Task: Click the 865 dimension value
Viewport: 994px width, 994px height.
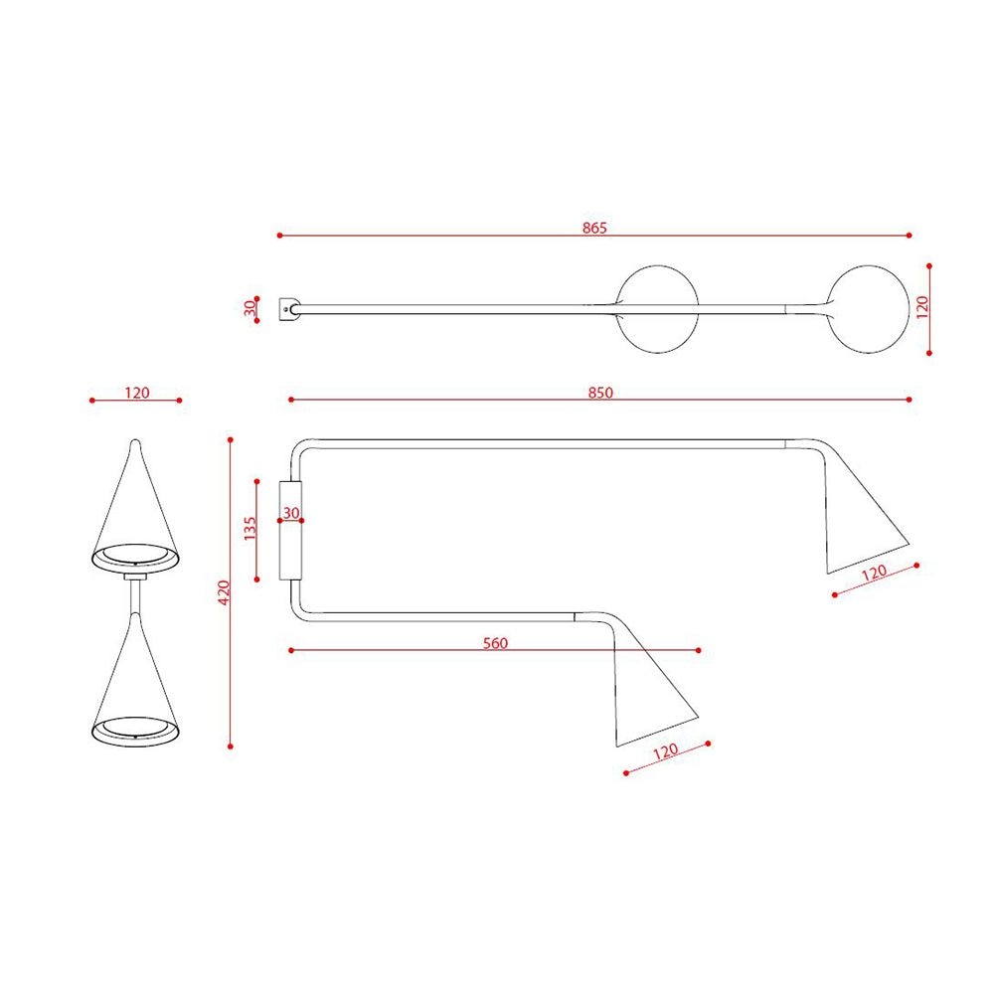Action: pyautogui.click(x=594, y=228)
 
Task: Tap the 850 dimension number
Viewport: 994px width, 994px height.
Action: pyautogui.click(x=599, y=392)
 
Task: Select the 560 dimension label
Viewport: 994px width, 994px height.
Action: pyautogui.click(x=495, y=643)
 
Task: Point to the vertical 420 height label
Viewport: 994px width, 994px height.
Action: pyautogui.click(x=223, y=592)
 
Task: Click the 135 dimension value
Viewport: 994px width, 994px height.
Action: pyautogui.click(x=249, y=529)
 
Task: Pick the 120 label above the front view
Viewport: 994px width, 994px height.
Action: pyautogui.click(x=137, y=393)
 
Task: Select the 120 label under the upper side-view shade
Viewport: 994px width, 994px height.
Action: pyautogui.click(x=874, y=574)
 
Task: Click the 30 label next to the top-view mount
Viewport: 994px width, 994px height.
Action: pyautogui.click(x=249, y=308)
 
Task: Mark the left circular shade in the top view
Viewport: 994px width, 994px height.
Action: pyautogui.click(x=657, y=309)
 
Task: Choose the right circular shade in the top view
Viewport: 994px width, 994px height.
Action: pyautogui.click(x=868, y=309)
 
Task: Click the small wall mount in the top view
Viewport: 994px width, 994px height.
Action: pyautogui.click(x=290, y=309)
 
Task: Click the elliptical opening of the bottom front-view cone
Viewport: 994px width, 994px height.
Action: pyautogui.click(x=136, y=730)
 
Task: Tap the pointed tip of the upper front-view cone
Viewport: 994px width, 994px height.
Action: pyautogui.click(x=135, y=444)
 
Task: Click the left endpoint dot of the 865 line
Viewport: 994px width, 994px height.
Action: pyautogui.click(x=280, y=236)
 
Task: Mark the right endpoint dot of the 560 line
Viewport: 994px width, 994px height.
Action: pyautogui.click(x=699, y=650)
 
